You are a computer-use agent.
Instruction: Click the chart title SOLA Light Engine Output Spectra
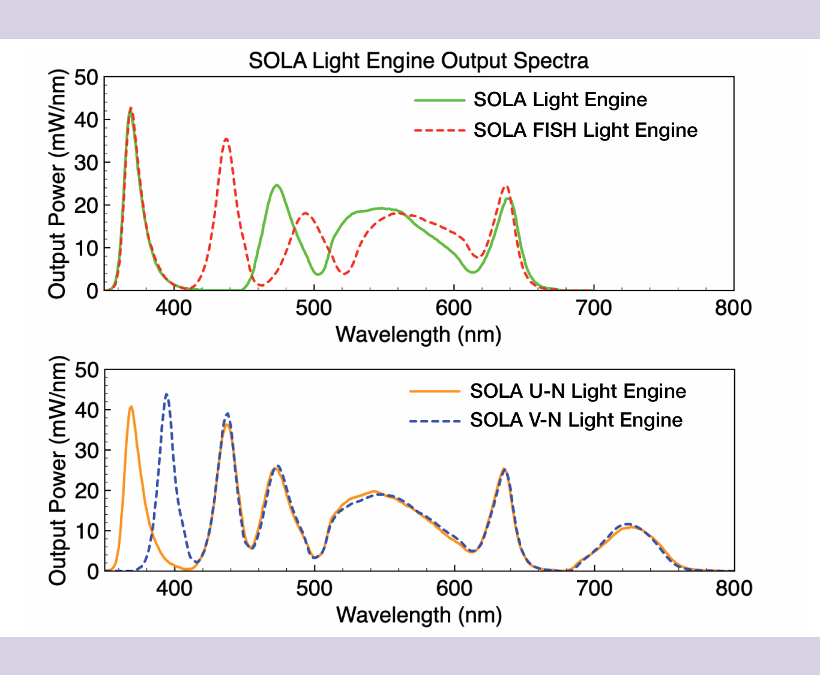click(418, 61)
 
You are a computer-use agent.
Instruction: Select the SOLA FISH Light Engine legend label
click(585, 130)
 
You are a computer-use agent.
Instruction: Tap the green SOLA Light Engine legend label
click(561, 100)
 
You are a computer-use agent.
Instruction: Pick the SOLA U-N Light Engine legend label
click(578, 391)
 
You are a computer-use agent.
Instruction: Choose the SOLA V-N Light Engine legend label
click(576, 420)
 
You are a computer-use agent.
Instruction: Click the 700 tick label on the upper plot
click(594, 308)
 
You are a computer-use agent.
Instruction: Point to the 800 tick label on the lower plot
click(734, 589)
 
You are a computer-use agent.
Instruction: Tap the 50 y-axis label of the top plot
click(86, 77)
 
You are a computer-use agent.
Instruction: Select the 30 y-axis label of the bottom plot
click(86, 451)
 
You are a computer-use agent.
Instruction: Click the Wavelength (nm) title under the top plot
click(418, 335)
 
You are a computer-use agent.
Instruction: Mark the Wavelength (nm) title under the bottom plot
click(419, 615)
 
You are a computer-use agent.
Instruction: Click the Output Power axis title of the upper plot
click(57, 184)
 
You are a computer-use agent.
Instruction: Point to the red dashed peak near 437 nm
click(226, 139)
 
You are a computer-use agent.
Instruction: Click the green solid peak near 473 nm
click(277, 185)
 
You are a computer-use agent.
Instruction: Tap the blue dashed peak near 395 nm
click(166, 394)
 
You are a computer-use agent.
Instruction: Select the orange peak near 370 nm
click(131, 407)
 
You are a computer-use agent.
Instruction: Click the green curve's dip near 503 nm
click(318, 274)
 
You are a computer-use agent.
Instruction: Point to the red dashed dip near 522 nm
click(345, 274)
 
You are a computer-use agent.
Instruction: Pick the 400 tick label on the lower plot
click(174, 589)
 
